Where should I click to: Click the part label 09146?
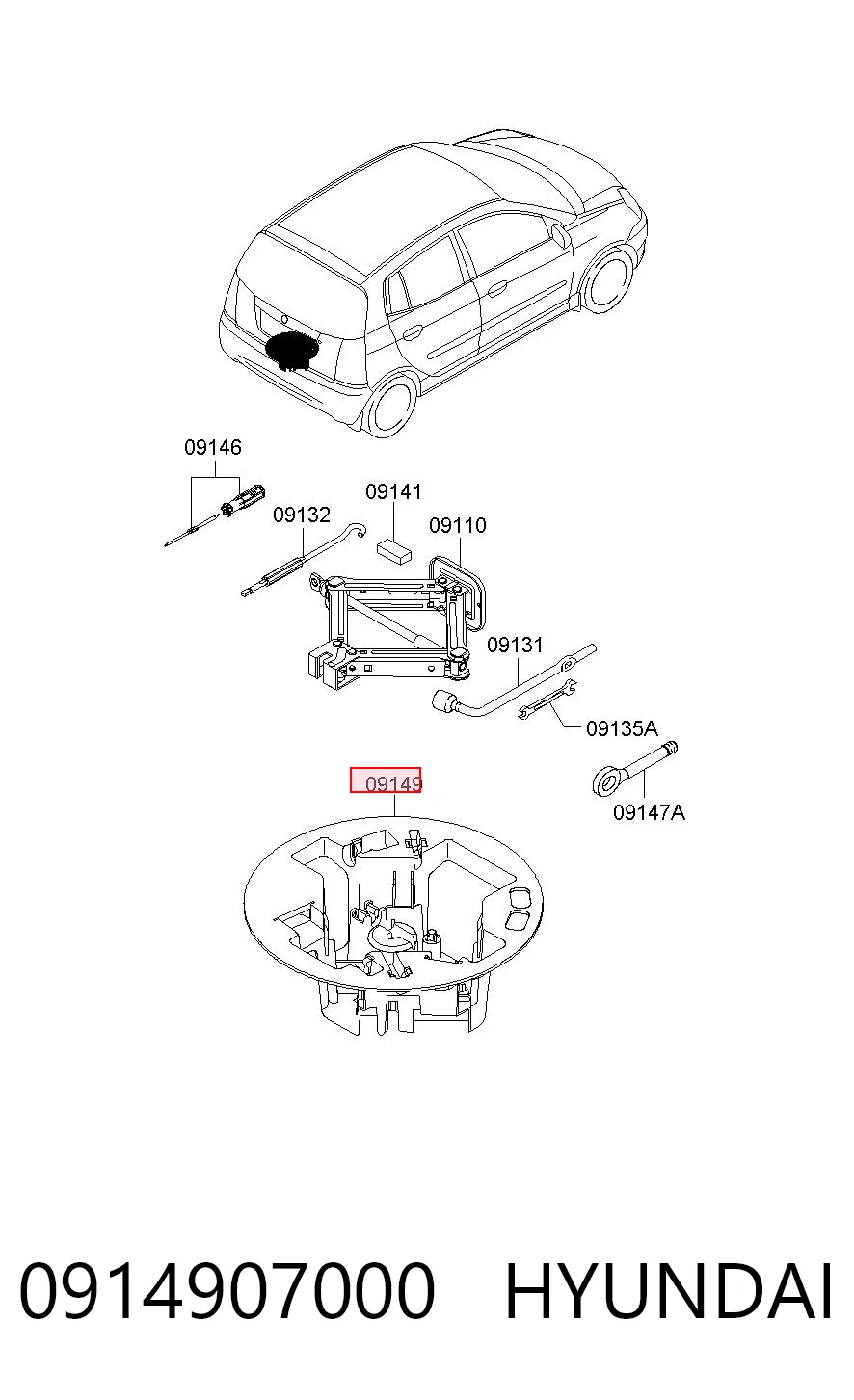(x=213, y=447)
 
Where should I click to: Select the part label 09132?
(x=302, y=515)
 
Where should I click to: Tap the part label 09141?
(x=393, y=491)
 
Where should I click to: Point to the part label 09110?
(x=458, y=526)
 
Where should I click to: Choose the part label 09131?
(x=515, y=645)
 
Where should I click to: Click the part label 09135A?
(x=622, y=728)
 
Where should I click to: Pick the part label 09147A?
(x=649, y=813)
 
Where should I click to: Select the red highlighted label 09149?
(x=386, y=780)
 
